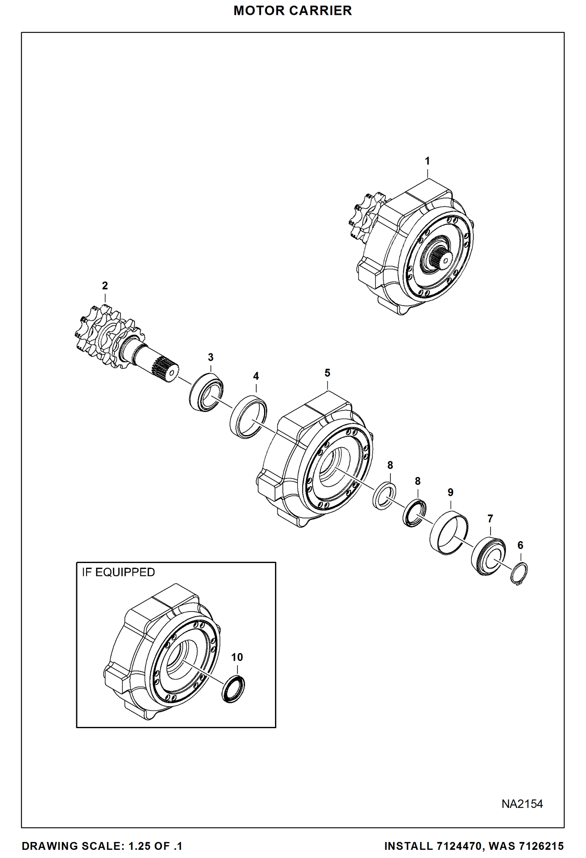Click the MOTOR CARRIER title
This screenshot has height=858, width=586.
click(x=293, y=11)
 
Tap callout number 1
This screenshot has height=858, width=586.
click(x=427, y=161)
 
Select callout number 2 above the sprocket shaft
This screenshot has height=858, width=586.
click(x=105, y=286)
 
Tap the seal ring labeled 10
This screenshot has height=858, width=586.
click(x=233, y=689)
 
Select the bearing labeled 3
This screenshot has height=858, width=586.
click(x=206, y=392)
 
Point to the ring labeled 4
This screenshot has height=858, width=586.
click(x=248, y=417)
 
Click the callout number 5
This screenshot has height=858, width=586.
click(x=327, y=373)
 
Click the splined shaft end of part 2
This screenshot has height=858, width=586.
click(x=166, y=369)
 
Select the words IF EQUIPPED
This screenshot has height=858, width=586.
click(x=118, y=572)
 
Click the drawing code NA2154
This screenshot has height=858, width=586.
click(x=522, y=804)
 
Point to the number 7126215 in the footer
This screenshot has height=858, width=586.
click(x=541, y=846)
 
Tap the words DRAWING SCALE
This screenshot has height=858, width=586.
click(x=73, y=846)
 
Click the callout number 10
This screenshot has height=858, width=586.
click(x=237, y=657)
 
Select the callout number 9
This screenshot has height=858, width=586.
click(x=450, y=492)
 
